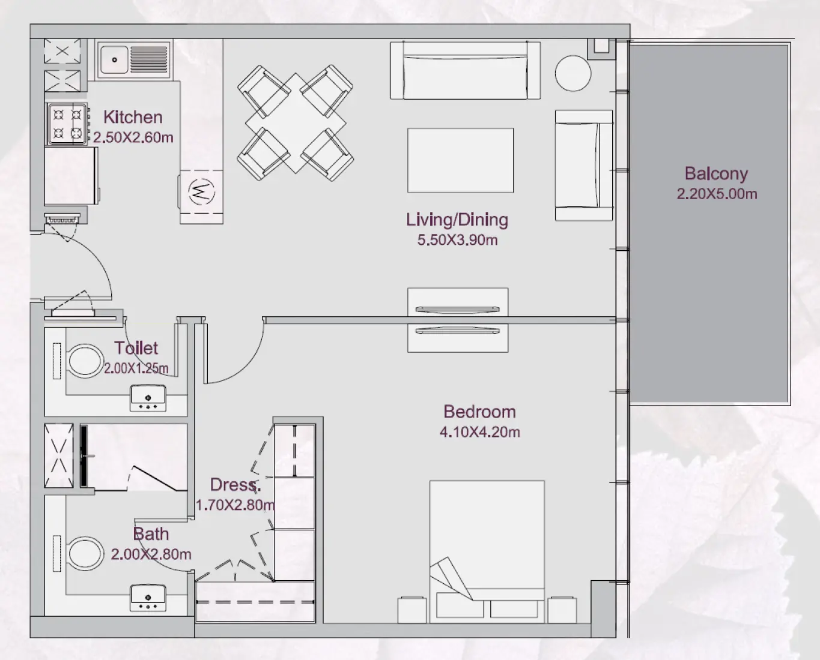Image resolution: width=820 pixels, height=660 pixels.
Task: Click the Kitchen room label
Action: pos(133,117)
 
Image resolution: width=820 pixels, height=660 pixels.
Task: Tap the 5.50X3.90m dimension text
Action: pos(457,240)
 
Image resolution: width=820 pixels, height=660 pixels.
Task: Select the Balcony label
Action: pos(716,173)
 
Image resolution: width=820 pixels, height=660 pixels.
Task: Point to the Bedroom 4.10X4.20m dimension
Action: pos(479,432)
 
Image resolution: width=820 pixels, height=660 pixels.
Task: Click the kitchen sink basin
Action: pos(114,59)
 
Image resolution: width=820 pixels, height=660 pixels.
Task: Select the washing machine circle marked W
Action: pos(201,192)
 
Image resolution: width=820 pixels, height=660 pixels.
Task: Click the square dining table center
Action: pos(296,123)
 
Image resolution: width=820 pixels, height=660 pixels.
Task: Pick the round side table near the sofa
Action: pos(573,73)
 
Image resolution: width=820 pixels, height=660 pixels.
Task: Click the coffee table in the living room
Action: pos(460,160)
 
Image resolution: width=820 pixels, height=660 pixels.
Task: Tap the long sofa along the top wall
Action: pos(465,70)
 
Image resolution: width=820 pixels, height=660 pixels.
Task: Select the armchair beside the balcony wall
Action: pos(583,166)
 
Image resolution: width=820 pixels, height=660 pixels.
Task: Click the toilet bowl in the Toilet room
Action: pos(84,361)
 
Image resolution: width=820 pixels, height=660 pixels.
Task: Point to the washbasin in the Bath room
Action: pos(148,598)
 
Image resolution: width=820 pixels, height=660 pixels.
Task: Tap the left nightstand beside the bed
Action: pos(412,610)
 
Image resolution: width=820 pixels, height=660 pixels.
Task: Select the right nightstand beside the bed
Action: pos(562,610)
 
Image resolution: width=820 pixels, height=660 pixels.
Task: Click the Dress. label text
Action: pos(235,485)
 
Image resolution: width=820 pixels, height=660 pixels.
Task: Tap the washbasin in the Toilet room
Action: pos(148,399)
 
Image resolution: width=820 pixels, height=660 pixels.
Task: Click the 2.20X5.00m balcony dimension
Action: pos(716,194)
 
